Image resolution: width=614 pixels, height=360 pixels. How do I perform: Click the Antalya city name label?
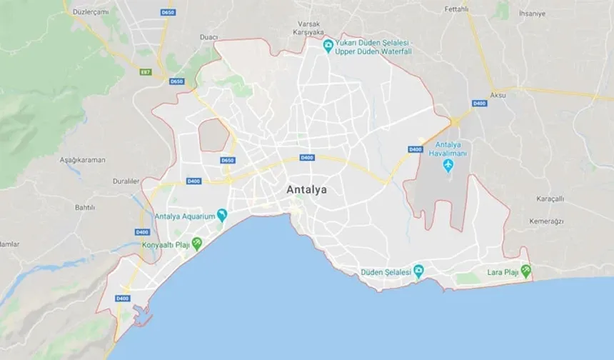[x=306, y=190]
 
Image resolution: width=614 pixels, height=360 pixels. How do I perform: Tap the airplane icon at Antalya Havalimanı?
[x=448, y=166]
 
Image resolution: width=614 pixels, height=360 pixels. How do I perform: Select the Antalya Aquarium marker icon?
[x=222, y=214]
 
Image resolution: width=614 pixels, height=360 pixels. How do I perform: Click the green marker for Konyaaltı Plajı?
[x=197, y=244]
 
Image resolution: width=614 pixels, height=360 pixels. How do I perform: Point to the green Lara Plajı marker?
[x=525, y=271]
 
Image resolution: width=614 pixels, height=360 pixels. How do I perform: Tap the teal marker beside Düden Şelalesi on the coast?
[x=418, y=271]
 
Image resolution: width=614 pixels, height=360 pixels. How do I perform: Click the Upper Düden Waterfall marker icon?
[x=328, y=46]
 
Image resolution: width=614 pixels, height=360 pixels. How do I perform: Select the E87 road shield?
[x=146, y=72]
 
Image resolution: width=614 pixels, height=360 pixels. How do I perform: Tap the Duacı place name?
[x=208, y=36]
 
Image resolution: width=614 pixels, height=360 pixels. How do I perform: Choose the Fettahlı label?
[x=456, y=9]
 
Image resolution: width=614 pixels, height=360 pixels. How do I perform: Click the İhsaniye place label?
[x=532, y=13]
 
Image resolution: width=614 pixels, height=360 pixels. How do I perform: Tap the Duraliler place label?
[x=126, y=181]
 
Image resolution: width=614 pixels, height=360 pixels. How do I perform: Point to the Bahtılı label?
[x=85, y=207]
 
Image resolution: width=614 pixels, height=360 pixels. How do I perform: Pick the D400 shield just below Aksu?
[x=479, y=104]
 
